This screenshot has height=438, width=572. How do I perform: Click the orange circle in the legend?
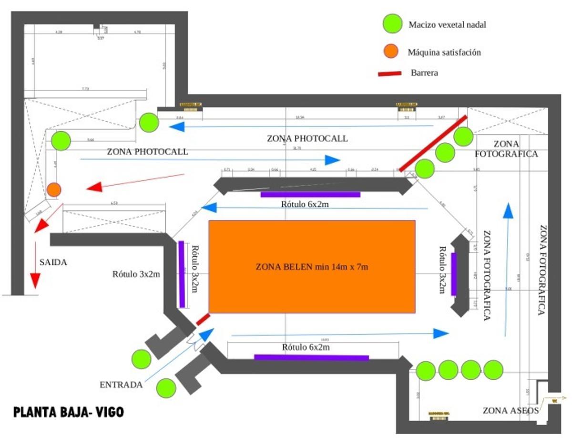[391, 52]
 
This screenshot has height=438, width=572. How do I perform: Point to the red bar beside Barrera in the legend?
[391, 73]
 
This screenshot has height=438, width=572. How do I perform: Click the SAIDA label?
[53, 262]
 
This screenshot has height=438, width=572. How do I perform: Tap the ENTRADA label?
[121, 385]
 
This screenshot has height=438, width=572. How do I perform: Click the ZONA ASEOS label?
[511, 410]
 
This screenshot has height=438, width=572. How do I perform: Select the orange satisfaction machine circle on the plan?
[54, 190]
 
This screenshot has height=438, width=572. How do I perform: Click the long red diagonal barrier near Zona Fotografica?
[433, 143]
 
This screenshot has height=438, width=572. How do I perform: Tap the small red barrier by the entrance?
[203, 319]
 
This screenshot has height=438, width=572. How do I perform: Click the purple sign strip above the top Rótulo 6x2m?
[310, 194]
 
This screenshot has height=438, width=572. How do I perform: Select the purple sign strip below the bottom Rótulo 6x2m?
[311, 357]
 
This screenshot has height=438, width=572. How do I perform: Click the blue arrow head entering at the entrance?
[207, 334]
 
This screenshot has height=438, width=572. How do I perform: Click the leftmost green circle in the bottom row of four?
[426, 370]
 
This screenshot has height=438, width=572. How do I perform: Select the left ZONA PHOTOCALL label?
[147, 152]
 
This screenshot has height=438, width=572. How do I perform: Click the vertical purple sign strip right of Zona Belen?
[454, 273]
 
